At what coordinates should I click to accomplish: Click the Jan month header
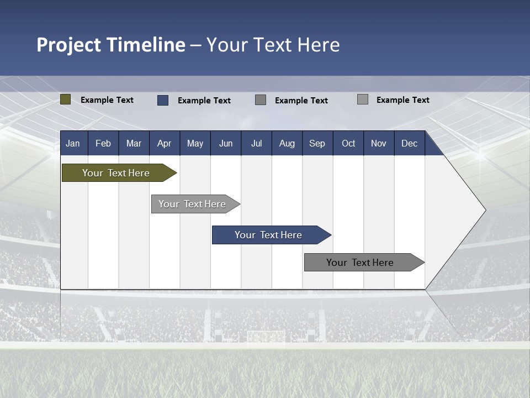73,144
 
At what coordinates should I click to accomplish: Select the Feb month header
103,144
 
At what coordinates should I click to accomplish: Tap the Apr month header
164,144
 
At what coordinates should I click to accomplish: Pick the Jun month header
226,144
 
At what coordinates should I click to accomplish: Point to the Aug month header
287,144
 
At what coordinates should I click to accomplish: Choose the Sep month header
317,144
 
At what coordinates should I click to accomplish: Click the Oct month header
348,144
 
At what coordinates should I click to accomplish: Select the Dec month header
409,144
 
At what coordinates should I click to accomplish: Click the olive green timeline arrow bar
116,173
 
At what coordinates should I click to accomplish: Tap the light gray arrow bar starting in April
192,204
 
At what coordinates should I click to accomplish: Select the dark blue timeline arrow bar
268,235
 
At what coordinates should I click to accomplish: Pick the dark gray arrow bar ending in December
360,263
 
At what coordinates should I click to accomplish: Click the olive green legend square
66,99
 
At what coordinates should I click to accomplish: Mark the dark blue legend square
163,100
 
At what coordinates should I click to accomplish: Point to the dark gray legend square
261,99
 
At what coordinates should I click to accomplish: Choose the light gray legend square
363,99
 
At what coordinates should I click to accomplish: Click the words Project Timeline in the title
110,45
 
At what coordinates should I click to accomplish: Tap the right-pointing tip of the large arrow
484,210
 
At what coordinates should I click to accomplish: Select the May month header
195,144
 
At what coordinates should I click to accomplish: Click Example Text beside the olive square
107,100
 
